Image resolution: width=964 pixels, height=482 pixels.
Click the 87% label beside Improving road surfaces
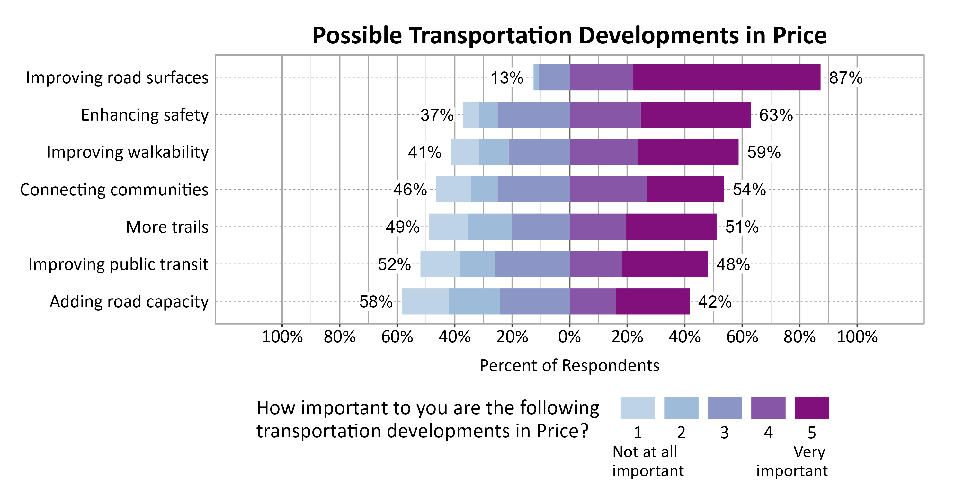pyautogui.click(x=845, y=78)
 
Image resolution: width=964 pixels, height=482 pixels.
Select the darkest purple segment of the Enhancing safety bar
pyautogui.click(x=695, y=114)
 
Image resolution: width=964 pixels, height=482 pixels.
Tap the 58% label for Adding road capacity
pyautogui.click(x=376, y=302)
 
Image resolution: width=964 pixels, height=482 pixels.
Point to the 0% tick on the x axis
pyautogui.click(x=569, y=337)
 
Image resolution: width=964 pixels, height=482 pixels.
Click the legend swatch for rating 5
pyautogui.click(x=811, y=408)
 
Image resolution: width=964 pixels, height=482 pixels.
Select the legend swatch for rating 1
pyautogui.click(x=637, y=408)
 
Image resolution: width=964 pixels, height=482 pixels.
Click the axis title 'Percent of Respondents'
pyautogui.click(x=569, y=366)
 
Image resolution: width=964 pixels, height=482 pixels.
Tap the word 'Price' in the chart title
pyautogui.click(x=799, y=36)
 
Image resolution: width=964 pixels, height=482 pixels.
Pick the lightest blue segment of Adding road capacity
pyautogui.click(x=425, y=301)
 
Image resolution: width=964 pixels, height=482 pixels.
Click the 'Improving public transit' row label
pyautogui.click(x=118, y=264)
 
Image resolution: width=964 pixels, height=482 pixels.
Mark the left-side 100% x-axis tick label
pyautogui.click(x=282, y=337)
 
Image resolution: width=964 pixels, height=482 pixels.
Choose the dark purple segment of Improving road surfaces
pyautogui.click(x=726, y=77)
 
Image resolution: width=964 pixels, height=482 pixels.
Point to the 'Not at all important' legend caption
pyautogui.click(x=647, y=461)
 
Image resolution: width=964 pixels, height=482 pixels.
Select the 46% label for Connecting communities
pyautogui.click(x=410, y=190)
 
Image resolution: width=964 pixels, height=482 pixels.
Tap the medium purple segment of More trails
pyautogui.click(x=598, y=227)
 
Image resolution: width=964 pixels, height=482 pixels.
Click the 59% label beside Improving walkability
pyautogui.click(x=764, y=152)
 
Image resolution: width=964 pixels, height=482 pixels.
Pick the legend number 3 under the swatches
pyautogui.click(x=725, y=433)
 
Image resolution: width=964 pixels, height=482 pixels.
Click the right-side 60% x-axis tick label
pyautogui.click(x=742, y=337)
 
